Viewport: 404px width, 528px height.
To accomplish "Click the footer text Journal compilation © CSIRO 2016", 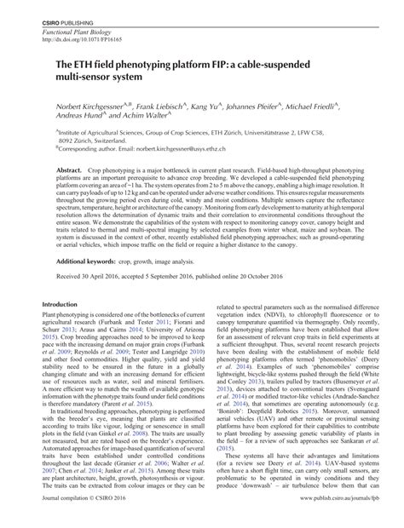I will click(x=89, y=516).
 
